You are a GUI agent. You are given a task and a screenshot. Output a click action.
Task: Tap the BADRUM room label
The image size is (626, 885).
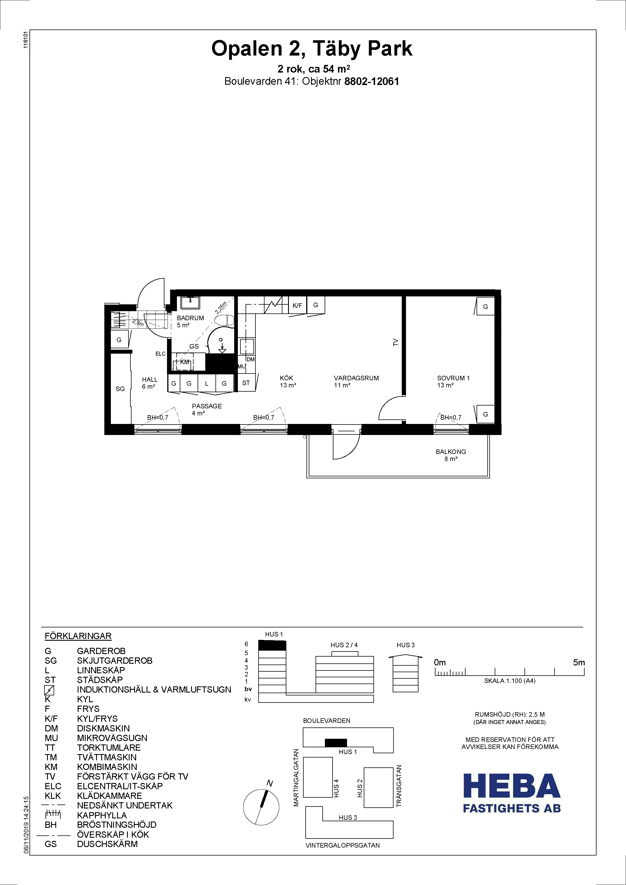(190, 318)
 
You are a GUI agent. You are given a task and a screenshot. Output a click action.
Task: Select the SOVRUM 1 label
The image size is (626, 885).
(453, 378)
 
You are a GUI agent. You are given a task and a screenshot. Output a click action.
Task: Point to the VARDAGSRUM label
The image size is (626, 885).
(356, 378)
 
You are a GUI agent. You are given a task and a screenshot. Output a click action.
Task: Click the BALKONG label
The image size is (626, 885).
(451, 452)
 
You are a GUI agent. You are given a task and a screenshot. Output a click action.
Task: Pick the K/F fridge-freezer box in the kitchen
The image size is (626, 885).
(297, 305)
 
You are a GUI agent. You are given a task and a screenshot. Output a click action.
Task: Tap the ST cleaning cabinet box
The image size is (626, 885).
(246, 383)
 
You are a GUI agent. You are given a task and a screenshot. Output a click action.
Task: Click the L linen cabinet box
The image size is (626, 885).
(207, 383)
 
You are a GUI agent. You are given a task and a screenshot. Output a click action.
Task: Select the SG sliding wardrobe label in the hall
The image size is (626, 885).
(120, 389)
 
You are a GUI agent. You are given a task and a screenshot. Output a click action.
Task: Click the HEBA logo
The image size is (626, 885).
(511, 793)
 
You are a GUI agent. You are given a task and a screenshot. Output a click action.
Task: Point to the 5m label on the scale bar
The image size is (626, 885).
(579, 663)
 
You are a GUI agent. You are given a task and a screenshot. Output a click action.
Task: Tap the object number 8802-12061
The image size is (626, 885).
(371, 81)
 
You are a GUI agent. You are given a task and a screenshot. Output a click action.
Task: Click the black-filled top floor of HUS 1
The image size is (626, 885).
(272, 645)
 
